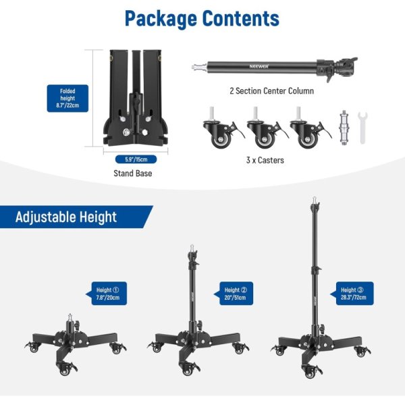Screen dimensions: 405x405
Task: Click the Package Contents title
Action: (202, 18)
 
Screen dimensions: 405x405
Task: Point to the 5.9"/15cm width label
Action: (135, 159)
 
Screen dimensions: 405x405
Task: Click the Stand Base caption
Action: (132, 173)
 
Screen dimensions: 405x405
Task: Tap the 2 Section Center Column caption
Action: (271, 90)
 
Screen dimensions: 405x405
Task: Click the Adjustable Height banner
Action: (66, 217)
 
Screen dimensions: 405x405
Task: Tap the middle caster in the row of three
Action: (262, 130)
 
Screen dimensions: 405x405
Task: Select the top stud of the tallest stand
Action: (313, 200)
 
